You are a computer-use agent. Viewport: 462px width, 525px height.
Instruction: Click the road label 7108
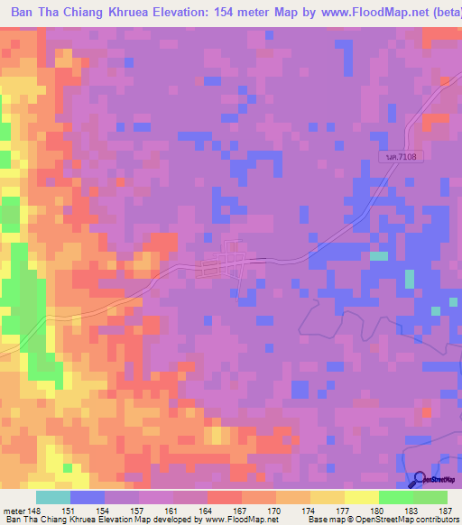pos(402,157)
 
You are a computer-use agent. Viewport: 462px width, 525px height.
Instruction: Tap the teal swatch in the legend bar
pos(53,497)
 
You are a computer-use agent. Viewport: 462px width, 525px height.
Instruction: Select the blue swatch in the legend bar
pos(88,497)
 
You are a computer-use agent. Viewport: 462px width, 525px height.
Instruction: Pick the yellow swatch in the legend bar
pos(361,497)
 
